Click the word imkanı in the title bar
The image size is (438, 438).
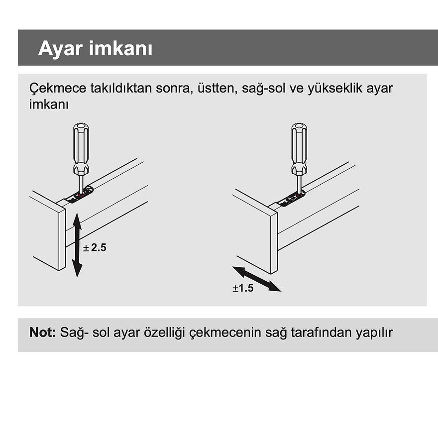click(121, 49)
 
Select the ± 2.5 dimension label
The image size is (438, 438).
click(95, 247)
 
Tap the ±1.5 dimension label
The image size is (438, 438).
click(243, 288)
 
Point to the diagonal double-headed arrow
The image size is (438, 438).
click(257, 279)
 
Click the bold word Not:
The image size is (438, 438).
click(43, 332)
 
